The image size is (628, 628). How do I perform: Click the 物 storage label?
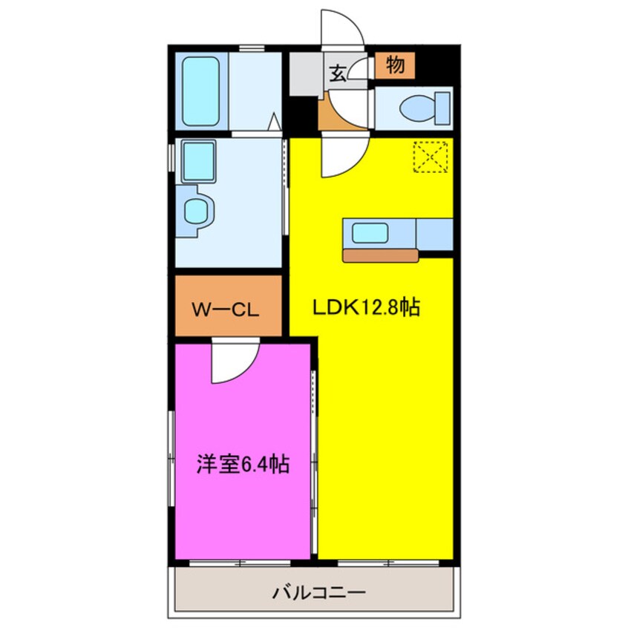coord(395,66)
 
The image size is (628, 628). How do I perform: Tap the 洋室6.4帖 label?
coord(242,465)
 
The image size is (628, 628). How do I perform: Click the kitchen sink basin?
coord(368,234)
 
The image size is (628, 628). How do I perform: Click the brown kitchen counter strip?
coord(381,255)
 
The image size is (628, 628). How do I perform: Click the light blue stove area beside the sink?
coord(434,234)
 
